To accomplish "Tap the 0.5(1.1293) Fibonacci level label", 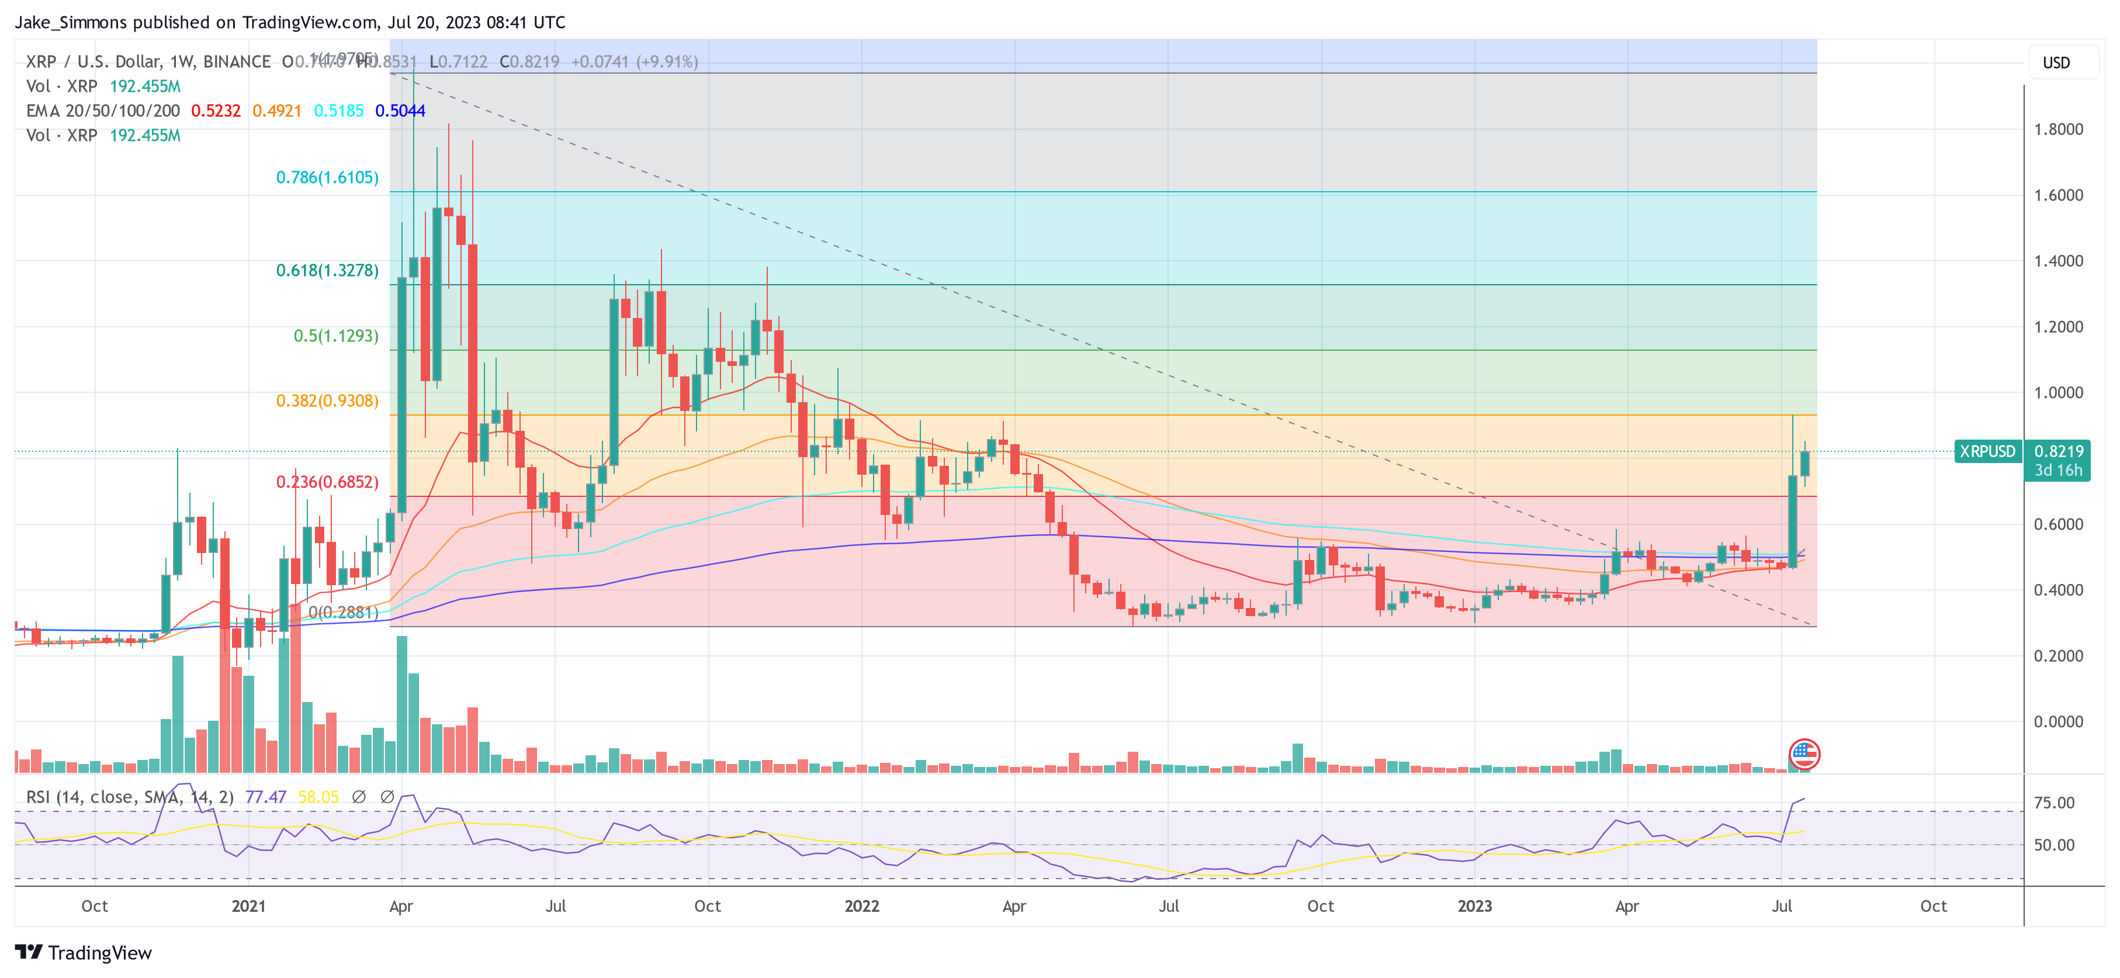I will (x=336, y=336).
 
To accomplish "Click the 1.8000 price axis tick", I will (x=2057, y=129).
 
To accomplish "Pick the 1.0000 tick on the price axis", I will (x=2057, y=393).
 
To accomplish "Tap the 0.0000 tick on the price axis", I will (x=2057, y=722).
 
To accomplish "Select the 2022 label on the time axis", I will (x=862, y=906).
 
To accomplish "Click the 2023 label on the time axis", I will (x=1474, y=906).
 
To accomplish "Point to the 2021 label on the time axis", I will (x=248, y=906).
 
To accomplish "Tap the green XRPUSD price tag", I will (x=1987, y=452).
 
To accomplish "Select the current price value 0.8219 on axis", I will (x=2057, y=452).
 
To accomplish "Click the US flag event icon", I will (x=1804, y=754).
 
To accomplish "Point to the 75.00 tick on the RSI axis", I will (x=2053, y=803).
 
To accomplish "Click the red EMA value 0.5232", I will (x=216, y=111).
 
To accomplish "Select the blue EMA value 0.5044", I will (x=400, y=111).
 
